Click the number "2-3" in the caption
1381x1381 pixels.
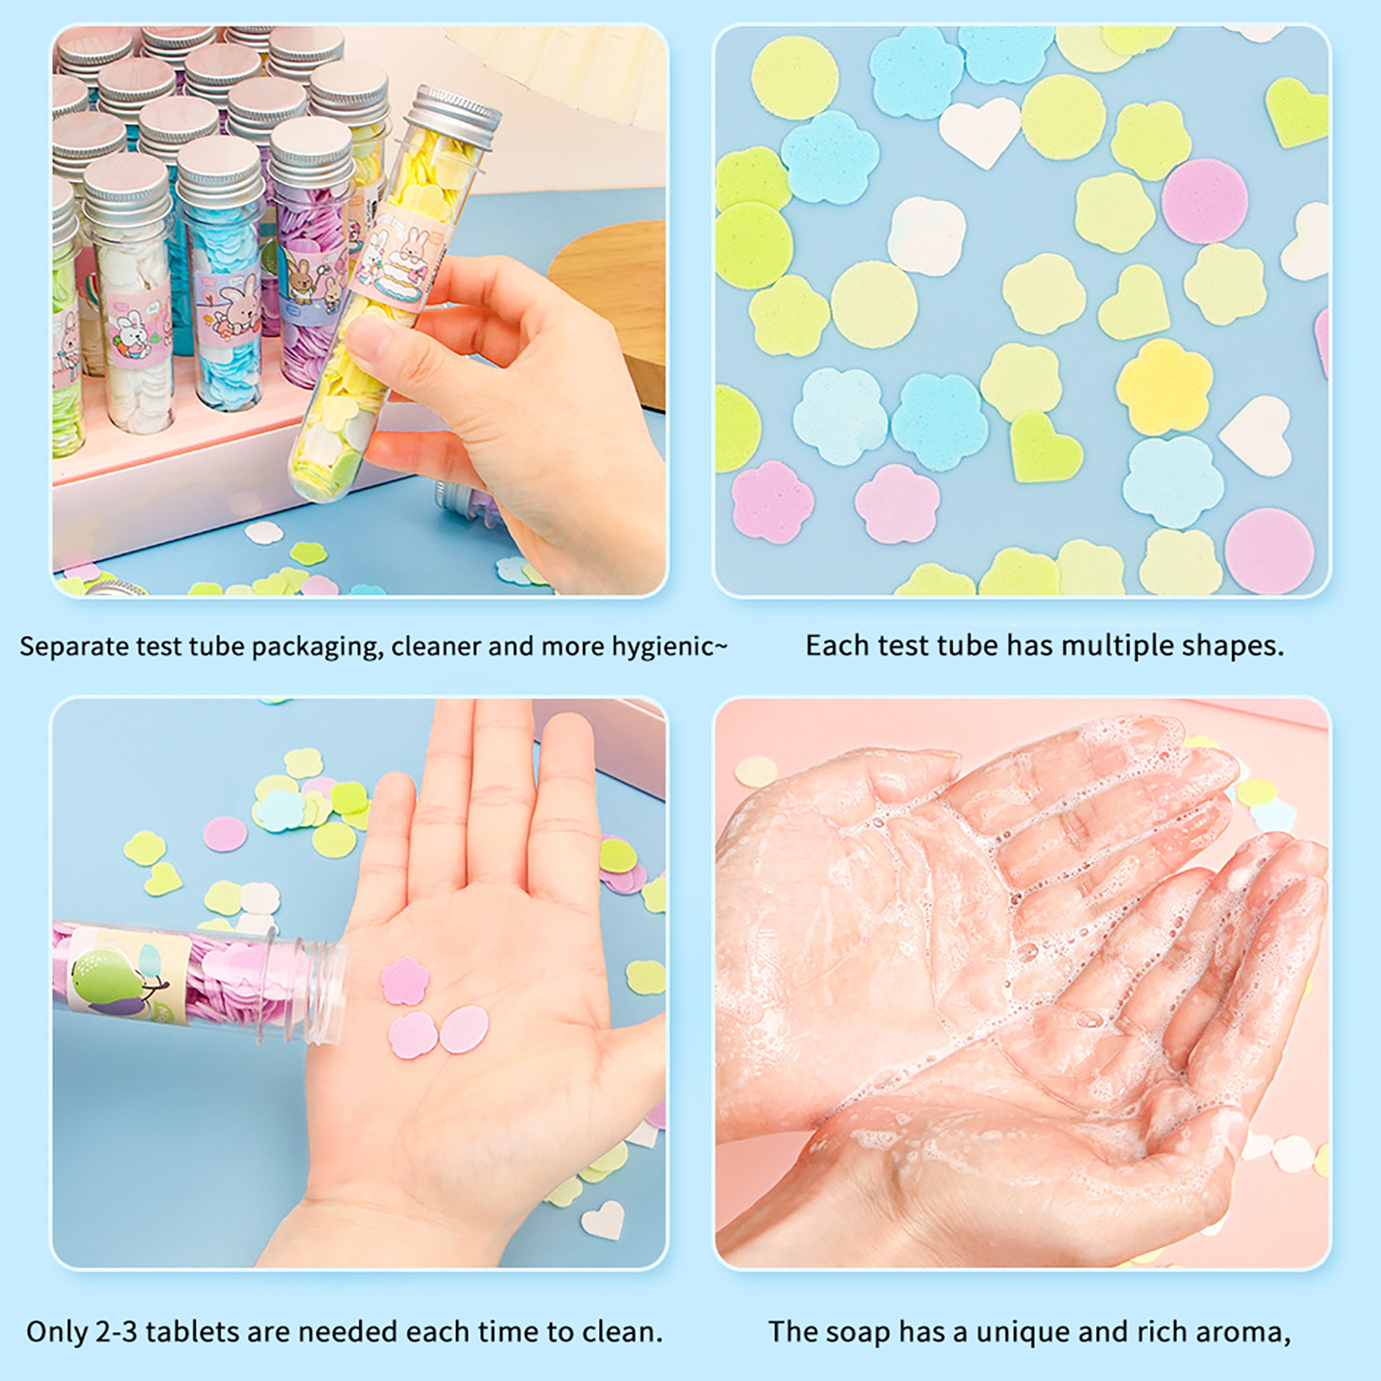click(x=116, y=1332)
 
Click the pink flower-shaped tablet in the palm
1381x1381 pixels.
click(x=405, y=981)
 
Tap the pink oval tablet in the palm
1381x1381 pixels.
click(x=464, y=1030)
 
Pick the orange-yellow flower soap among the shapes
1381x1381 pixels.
click(x=1164, y=387)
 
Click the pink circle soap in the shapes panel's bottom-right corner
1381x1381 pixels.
click(x=1269, y=551)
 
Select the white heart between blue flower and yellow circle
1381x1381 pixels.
click(x=981, y=130)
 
